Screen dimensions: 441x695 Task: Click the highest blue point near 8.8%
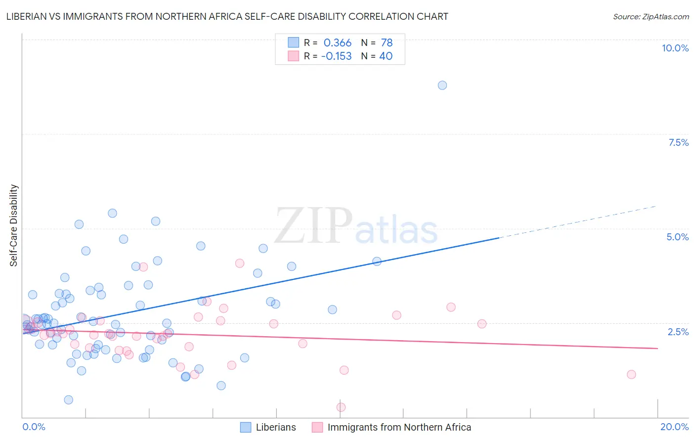click(x=442, y=85)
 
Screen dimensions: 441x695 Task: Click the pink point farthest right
click(x=631, y=374)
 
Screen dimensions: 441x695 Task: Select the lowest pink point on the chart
click(x=341, y=407)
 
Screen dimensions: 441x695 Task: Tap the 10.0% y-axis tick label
click(x=675, y=48)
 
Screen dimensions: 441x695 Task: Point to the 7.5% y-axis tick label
click(x=678, y=142)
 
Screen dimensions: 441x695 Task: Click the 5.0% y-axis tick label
click(x=677, y=237)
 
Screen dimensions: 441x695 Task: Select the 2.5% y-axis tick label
click(x=678, y=332)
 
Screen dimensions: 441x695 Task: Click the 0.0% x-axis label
click(x=34, y=427)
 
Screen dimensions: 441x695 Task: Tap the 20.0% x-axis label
click(x=674, y=427)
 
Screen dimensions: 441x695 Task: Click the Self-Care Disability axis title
click(x=14, y=225)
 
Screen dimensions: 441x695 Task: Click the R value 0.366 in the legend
click(x=337, y=43)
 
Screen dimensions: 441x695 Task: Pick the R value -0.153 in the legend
click(x=336, y=56)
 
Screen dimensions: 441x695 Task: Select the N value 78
click(x=387, y=43)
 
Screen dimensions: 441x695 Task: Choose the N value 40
click(x=386, y=56)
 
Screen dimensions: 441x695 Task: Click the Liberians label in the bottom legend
click(x=276, y=427)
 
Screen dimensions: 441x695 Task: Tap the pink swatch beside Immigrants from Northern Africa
click(x=317, y=427)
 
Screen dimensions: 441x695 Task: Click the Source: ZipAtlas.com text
click(x=651, y=16)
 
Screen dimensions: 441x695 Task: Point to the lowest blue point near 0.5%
click(x=69, y=399)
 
